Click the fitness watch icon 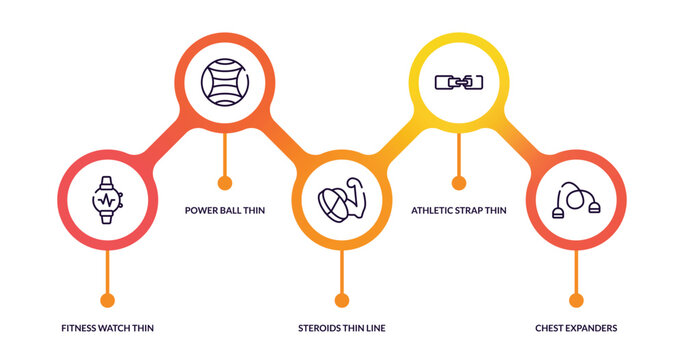click(x=107, y=199)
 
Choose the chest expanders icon click(x=576, y=200)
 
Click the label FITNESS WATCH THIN click(x=107, y=328)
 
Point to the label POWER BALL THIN click(x=225, y=210)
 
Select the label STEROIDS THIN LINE click(x=342, y=328)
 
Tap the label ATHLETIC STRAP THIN click(x=459, y=210)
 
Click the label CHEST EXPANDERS click(x=576, y=328)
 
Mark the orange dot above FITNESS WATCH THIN click(x=107, y=299)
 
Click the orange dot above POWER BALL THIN click(x=225, y=182)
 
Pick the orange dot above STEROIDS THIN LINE click(x=342, y=299)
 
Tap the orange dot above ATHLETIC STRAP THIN click(x=459, y=182)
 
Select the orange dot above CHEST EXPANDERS click(x=576, y=299)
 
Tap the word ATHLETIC click(x=434, y=210)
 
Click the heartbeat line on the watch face click(x=107, y=199)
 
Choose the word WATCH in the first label click(x=113, y=328)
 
